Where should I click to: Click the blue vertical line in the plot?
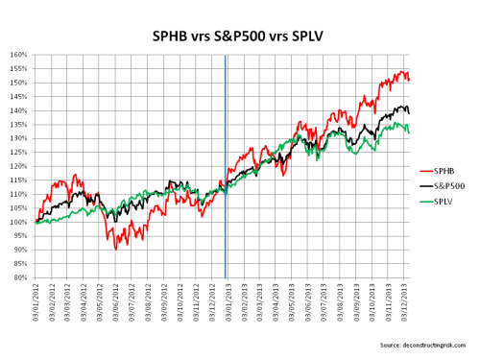point(225,163)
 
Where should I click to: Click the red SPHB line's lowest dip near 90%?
point(116,249)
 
